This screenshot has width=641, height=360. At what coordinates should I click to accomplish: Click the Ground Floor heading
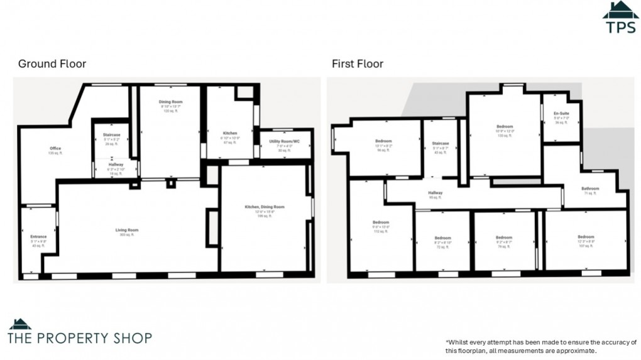click(52, 64)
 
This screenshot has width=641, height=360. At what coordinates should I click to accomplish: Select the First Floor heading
click(358, 64)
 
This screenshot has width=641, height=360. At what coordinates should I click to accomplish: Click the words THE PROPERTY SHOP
click(80, 338)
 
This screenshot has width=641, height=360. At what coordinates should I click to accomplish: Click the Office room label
click(55, 148)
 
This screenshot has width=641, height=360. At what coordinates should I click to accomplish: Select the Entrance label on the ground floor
click(38, 236)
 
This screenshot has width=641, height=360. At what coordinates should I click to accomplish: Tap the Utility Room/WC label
click(284, 141)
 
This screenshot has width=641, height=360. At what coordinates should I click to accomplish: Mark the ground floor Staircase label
click(111, 134)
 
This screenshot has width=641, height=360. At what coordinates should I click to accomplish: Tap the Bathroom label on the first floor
click(590, 188)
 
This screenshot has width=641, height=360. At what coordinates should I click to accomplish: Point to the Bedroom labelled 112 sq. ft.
click(381, 222)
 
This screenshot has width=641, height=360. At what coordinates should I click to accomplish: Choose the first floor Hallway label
click(436, 193)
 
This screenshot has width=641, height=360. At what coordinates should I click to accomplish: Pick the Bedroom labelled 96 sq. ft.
click(383, 141)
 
